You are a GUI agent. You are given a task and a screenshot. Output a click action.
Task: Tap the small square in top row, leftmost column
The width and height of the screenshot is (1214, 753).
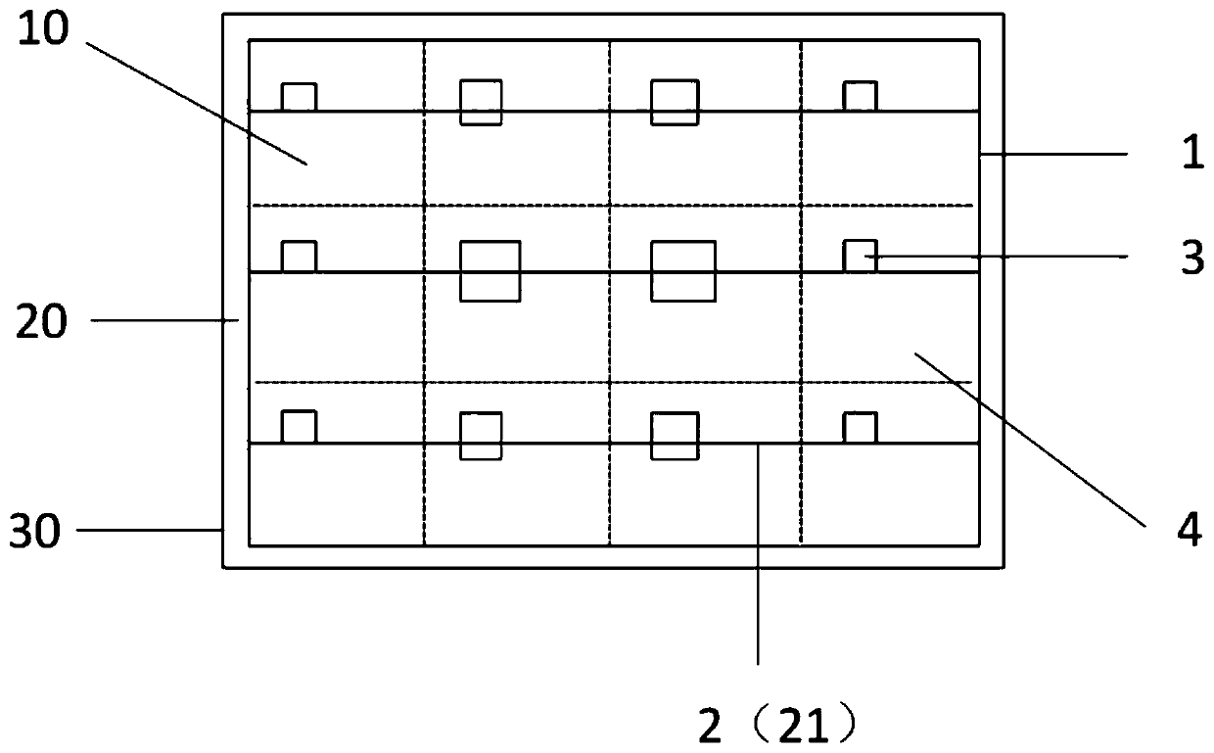300,97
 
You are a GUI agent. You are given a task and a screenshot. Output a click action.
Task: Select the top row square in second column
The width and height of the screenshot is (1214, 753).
482,102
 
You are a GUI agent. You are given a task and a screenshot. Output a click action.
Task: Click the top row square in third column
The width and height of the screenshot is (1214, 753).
675,102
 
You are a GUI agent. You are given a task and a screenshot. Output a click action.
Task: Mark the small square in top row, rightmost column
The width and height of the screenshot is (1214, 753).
861,96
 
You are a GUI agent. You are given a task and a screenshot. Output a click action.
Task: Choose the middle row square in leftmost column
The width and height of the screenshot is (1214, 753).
299,256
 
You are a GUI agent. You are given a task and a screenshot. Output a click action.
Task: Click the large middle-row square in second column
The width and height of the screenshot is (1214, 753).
490,270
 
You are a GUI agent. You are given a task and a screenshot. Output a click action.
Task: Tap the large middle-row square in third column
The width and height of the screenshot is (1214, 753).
683,270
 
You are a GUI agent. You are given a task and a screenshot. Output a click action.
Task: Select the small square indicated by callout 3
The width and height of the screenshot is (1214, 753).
860,256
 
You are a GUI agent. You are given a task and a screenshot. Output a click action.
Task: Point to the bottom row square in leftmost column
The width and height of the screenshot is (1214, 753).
299,427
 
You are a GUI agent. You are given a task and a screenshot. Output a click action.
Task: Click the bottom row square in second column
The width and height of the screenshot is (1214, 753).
482,436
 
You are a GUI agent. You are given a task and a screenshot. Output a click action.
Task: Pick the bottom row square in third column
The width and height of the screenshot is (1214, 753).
675,436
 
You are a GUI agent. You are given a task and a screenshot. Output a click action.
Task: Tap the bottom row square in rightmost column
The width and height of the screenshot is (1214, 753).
860,428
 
